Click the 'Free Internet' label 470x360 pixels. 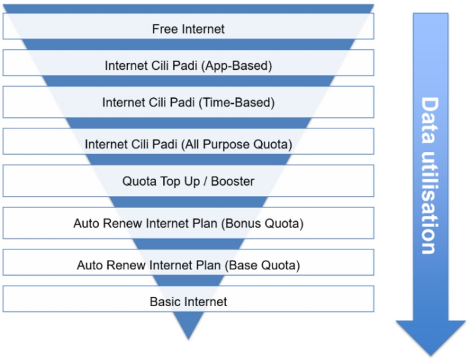coord(188,29)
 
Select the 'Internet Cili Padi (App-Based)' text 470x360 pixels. coord(188,66)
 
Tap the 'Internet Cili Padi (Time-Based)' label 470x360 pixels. coord(188,103)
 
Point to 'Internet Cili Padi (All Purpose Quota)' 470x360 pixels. coord(188,144)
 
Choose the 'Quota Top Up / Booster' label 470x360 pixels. coord(188,181)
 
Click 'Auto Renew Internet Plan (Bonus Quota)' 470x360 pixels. coord(188,224)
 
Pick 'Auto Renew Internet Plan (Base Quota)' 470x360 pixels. coord(188,266)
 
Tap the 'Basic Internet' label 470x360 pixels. coord(188,302)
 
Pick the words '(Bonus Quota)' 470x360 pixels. coord(264,224)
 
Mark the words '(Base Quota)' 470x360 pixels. coord(263,266)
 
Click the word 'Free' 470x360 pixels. coord(164,29)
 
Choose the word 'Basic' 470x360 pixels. coord(165,302)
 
